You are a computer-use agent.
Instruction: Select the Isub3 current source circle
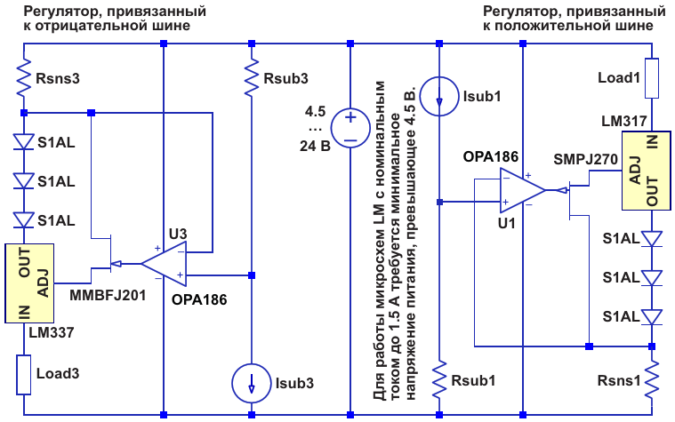tap(252, 383)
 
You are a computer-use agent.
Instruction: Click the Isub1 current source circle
tap(439, 96)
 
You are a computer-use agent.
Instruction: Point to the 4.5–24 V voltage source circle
tap(350, 128)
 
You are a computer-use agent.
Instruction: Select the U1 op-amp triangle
tap(523, 190)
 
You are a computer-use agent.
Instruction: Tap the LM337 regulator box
tap(29, 283)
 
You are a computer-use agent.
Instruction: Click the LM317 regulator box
tap(647, 171)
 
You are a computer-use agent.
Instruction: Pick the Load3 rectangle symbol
tap(24, 375)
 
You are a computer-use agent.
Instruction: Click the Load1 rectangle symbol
tap(652, 78)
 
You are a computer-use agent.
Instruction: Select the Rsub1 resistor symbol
tap(439, 379)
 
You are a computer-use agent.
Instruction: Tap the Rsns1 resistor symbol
tap(652, 379)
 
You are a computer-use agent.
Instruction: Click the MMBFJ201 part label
tap(108, 296)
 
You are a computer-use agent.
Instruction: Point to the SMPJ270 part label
tap(585, 160)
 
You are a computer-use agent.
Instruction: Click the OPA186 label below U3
tap(199, 299)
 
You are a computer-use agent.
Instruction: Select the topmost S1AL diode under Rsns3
tap(24, 141)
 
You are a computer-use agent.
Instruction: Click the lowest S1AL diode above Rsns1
tap(652, 317)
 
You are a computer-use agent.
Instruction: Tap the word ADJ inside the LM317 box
tap(636, 171)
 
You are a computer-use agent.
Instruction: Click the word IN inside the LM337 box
tap(25, 313)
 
